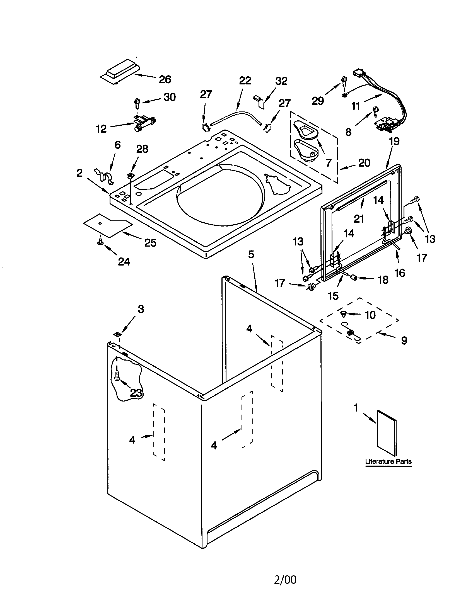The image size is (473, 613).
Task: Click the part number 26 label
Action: coord(165,80)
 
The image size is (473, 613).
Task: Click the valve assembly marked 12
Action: coord(144,124)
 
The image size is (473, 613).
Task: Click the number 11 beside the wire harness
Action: coord(356,106)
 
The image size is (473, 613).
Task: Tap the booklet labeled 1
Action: coord(386,432)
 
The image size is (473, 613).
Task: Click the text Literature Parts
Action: coord(388,461)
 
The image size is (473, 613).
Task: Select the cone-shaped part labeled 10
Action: coord(344,313)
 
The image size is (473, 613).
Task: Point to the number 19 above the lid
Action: coord(394,141)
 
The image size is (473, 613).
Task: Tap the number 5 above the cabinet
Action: coord(251,255)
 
